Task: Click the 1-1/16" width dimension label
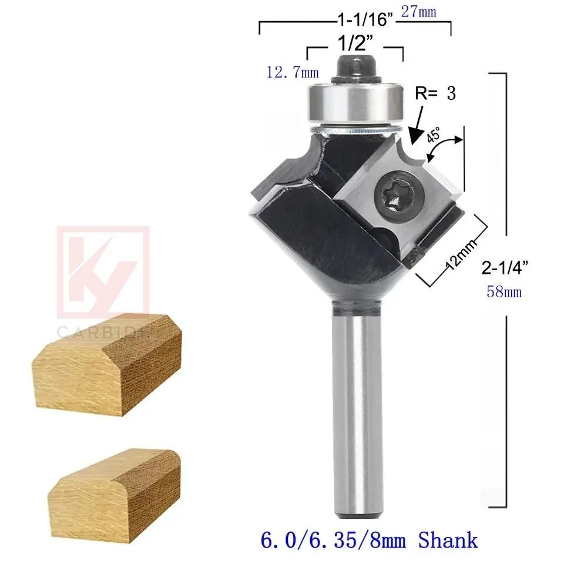coord(365,20)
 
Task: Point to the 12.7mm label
coord(293,72)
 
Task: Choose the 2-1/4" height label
coord(505,268)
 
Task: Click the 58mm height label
coord(504,291)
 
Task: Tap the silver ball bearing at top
coord(355,103)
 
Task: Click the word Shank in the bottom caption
coord(448,539)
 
